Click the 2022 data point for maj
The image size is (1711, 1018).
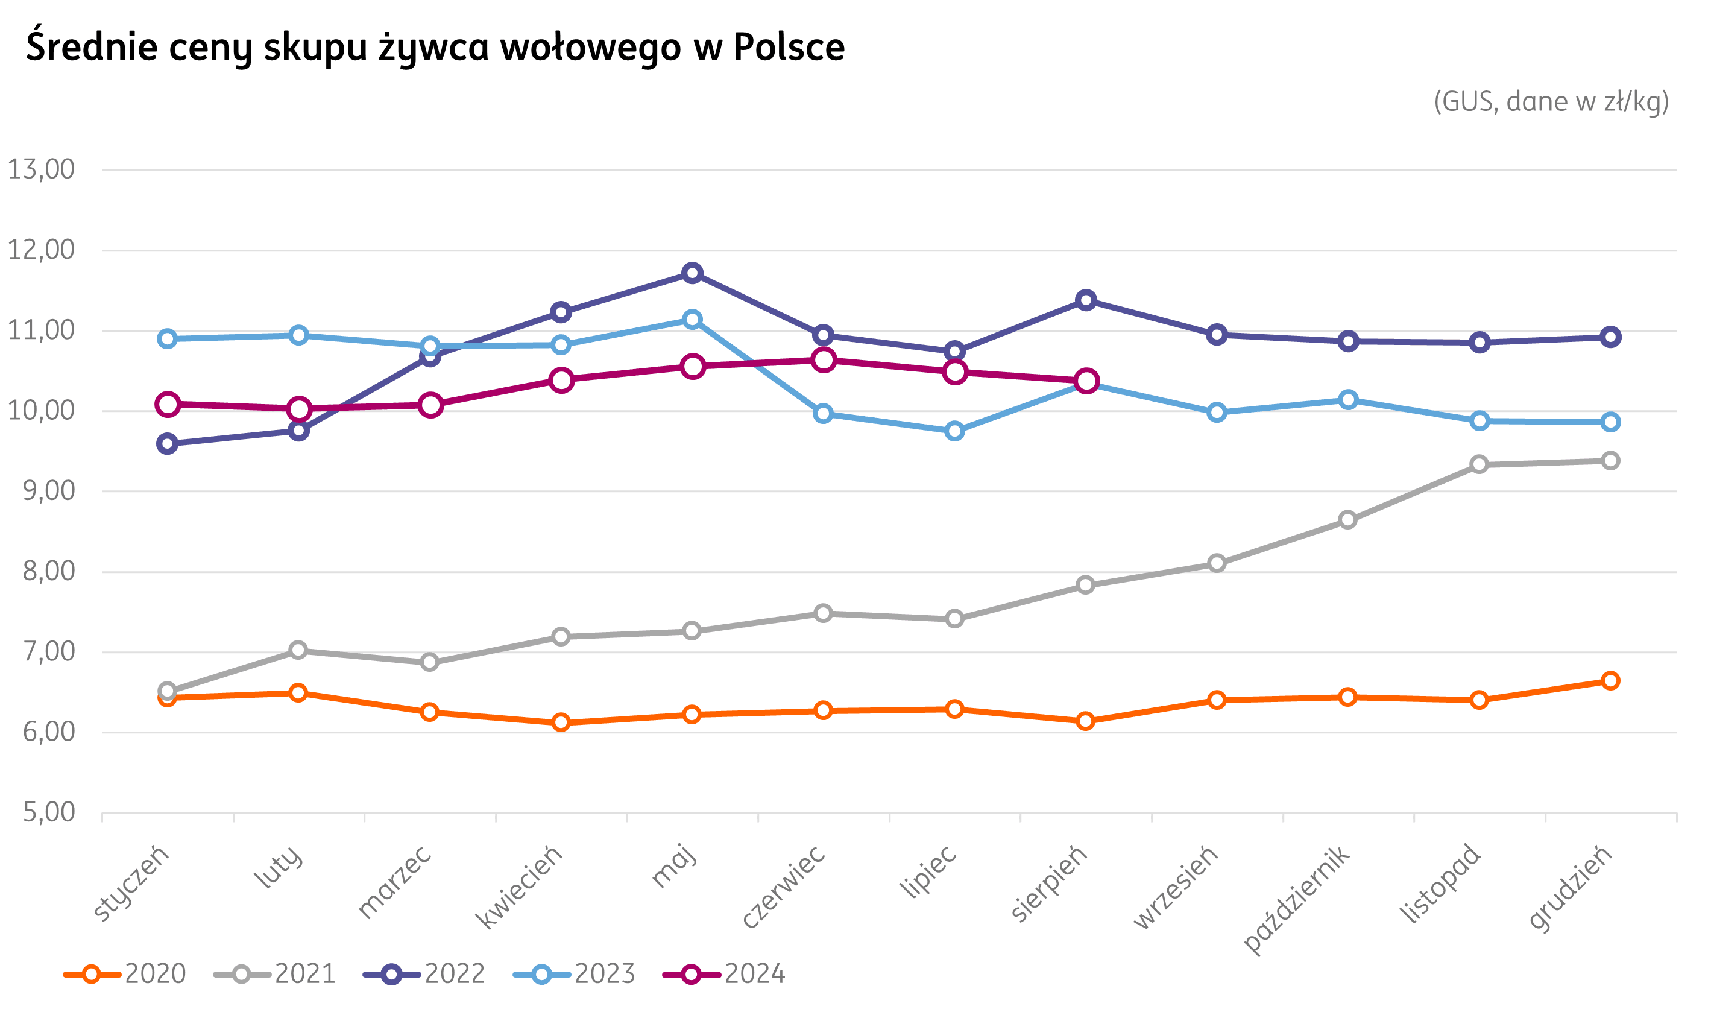pyautogui.click(x=692, y=273)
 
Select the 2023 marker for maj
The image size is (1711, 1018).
pyautogui.click(x=692, y=320)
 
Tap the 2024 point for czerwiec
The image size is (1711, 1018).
pyautogui.click(x=823, y=360)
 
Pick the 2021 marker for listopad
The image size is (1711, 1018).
pyautogui.click(x=1479, y=464)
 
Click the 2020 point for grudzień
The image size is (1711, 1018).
pyautogui.click(x=1610, y=680)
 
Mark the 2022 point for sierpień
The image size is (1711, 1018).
pyautogui.click(x=1086, y=300)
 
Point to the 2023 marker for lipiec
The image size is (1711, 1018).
pyautogui.click(x=954, y=431)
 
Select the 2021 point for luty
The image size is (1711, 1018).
pyautogui.click(x=298, y=650)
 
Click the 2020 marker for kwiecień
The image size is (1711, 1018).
pyautogui.click(x=561, y=722)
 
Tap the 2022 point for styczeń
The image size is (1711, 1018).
pyautogui.click(x=166, y=444)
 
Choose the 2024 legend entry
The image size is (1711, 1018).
pyautogui.click(x=724, y=974)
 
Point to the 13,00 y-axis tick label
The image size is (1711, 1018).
pyautogui.click(x=40, y=169)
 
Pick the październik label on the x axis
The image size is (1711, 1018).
pyautogui.click(x=1296, y=899)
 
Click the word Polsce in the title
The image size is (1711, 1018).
pyautogui.click(x=789, y=46)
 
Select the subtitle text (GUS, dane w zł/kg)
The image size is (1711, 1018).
pyautogui.click(x=1552, y=101)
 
